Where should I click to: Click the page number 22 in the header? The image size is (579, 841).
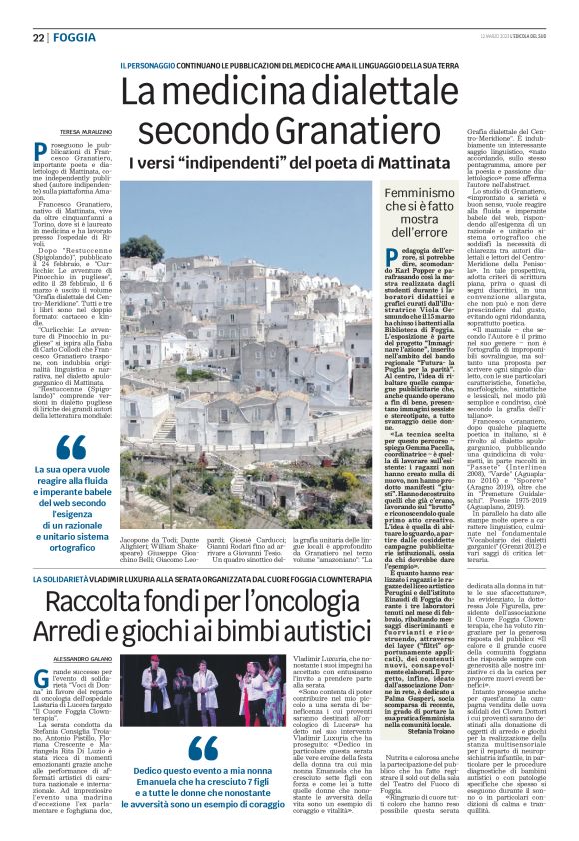coord(39,37)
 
